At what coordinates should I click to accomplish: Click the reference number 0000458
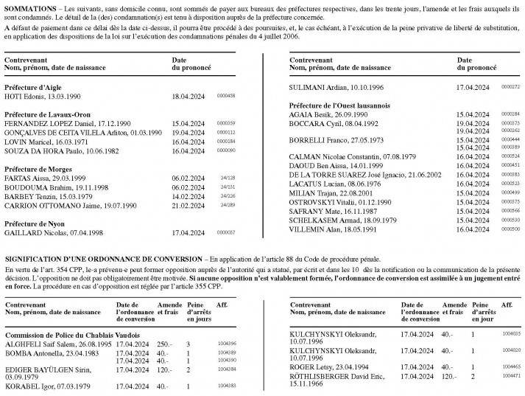click(x=225, y=96)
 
